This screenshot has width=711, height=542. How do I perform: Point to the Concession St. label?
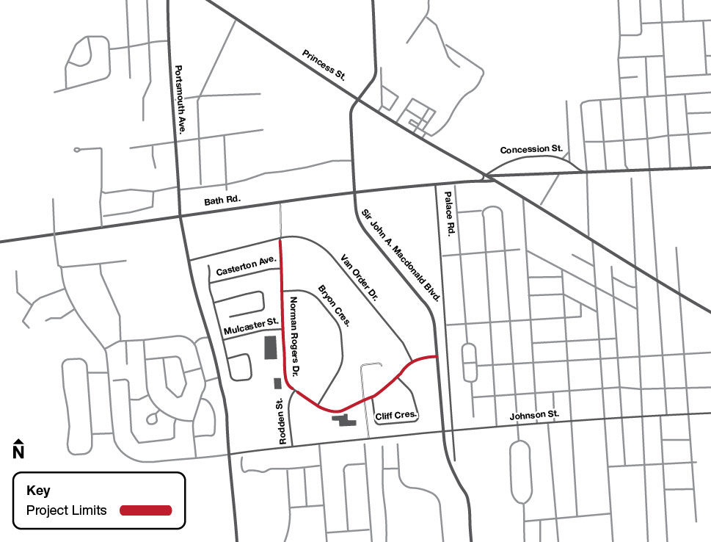[x=531, y=149]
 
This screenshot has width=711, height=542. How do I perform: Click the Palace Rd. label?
[x=450, y=212]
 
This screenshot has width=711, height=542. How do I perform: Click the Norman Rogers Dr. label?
[x=295, y=332]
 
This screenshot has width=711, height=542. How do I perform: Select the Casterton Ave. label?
[x=245, y=271]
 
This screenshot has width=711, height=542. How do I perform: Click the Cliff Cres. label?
[x=396, y=416]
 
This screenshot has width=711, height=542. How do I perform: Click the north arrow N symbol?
[x=19, y=449]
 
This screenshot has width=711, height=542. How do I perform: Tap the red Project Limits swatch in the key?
[x=146, y=510]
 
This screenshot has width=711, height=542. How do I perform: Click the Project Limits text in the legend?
[x=67, y=510]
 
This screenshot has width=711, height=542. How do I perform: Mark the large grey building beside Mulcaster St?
[x=270, y=347]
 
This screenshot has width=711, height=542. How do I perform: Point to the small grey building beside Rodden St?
[x=277, y=383]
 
